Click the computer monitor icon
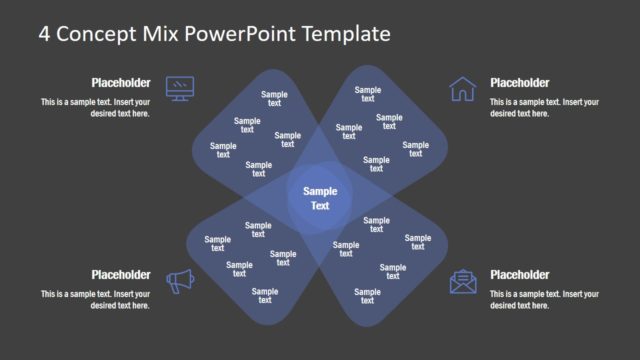point(180,88)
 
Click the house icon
point(462,89)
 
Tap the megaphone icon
point(180,282)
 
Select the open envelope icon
point(463,281)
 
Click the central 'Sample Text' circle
point(320,198)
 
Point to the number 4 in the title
point(45,33)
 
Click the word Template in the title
point(340,33)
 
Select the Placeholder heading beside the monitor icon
point(121,83)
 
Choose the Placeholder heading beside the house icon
point(519,83)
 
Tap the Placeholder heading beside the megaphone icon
point(121,275)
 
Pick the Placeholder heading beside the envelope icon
point(519,275)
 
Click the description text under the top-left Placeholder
point(95,108)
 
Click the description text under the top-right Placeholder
point(545,108)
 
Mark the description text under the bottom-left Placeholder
point(95,300)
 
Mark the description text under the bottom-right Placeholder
point(545,300)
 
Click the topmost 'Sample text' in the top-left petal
point(274,99)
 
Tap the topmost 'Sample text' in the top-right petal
point(367,94)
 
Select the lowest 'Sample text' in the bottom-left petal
point(264,295)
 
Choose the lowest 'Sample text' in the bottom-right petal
point(367,296)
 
